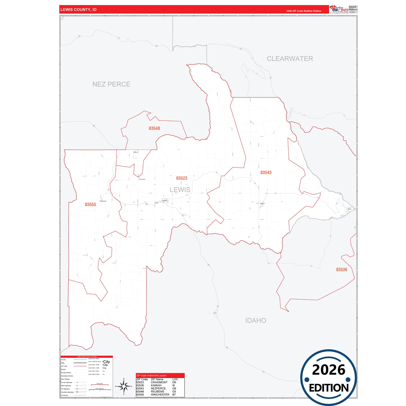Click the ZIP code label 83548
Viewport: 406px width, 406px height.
click(x=154, y=128)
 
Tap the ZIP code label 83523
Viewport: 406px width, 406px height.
click(x=182, y=178)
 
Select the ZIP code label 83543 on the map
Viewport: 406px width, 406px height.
click(x=266, y=173)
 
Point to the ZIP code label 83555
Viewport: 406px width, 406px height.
click(x=90, y=205)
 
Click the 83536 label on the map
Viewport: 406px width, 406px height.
click(x=341, y=270)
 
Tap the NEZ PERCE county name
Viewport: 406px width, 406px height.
click(x=111, y=84)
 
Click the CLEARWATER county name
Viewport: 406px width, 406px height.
click(x=290, y=59)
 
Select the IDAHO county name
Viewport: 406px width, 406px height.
click(x=255, y=321)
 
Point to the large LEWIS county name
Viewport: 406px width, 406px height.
click(x=180, y=190)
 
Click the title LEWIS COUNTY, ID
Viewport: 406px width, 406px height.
click(x=78, y=10)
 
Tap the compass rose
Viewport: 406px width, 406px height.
click(x=124, y=387)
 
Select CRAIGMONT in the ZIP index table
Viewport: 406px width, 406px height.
click(x=159, y=382)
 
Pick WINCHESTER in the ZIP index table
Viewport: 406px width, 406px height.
click(x=160, y=394)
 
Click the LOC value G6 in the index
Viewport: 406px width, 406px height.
click(x=174, y=389)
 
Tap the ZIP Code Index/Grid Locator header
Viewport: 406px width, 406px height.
click(x=151, y=375)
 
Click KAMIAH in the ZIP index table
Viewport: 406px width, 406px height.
click(x=156, y=385)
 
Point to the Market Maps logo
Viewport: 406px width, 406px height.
click(x=339, y=9)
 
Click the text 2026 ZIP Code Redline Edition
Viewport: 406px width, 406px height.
click(x=304, y=11)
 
